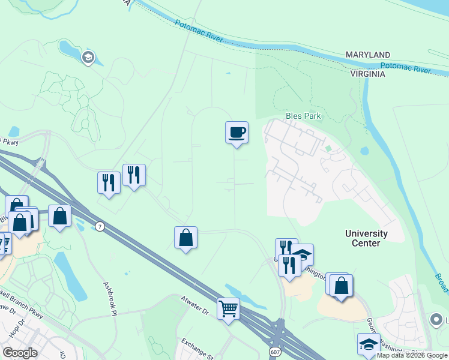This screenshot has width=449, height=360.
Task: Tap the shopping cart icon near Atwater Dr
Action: pyautogui.click(x=228, y=309)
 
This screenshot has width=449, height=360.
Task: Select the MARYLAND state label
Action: pyautogui.click(x=368, y=55)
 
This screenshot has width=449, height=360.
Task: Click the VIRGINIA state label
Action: pyautogui.click(x=368, y=74)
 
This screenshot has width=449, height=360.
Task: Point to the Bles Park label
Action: pyautogui.click(x=303, y=116)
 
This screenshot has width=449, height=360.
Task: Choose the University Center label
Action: pyautogui.click(x=366, y=238)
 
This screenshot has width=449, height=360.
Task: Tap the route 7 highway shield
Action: pyautogui.click(x=100, y=226)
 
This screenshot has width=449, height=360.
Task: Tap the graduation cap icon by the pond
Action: pyautogui.click(x=88, y=58)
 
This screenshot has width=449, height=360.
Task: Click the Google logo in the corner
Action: pyautogui.click(x=20, y=353)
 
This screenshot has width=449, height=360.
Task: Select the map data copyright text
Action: pyautogui.click(x=412, y=355)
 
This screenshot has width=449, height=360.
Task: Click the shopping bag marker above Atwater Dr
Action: pyautogui.click(x=186, y=238)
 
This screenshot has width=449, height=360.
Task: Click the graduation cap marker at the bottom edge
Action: pyautogui.click(x=369, y=344)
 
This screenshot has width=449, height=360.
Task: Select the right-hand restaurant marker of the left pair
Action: pyautogui.click(x=134, y=175)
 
